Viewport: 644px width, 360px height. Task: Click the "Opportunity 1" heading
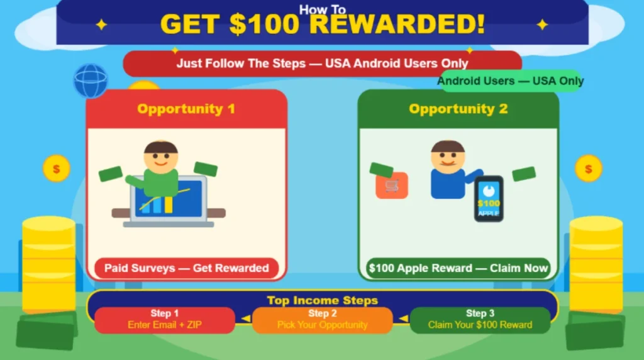coord(186,109)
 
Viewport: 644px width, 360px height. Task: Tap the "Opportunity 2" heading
coord(458,109)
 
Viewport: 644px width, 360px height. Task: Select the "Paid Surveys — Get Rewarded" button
coord(186,268)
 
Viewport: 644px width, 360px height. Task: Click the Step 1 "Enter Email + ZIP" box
coord(164,320)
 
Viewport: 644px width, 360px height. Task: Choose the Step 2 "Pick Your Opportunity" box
coord(322,320)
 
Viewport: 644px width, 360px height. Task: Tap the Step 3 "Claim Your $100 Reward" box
coord(480,320)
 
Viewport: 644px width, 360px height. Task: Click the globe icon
coord(91,81)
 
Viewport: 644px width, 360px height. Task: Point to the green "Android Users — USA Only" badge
coord(510,81)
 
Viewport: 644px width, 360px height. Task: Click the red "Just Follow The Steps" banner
coord(322,64)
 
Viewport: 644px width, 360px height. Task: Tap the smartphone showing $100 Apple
coord(489,199)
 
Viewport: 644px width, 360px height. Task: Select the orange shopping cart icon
coord(392,186)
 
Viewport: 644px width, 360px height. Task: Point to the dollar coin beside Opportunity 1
coord(56,169)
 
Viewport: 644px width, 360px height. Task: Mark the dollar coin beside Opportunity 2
coord(588,169)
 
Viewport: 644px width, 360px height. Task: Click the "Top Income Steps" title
coord(322,300)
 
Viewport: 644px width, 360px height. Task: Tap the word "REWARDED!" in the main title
coord(397,25)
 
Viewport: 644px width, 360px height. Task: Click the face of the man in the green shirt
coord(160,158)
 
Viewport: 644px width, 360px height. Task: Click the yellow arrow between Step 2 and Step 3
coord(401,319)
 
